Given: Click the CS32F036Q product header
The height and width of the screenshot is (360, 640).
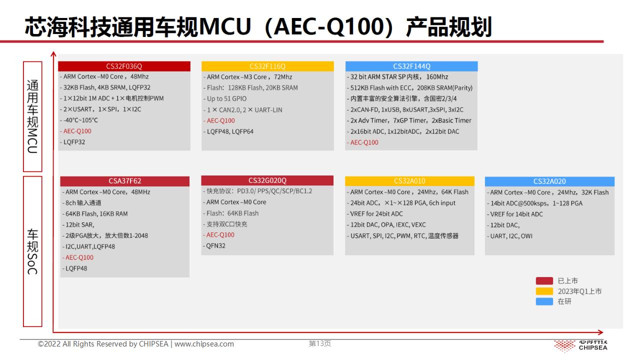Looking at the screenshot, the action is point(124,66).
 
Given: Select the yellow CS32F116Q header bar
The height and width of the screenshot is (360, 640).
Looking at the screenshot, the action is point(267,66).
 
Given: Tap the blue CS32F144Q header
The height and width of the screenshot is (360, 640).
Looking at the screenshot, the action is point(411,66).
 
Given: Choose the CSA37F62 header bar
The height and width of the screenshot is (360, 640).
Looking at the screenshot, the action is point(124,181).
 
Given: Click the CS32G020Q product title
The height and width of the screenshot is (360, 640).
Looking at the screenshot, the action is point(267,180).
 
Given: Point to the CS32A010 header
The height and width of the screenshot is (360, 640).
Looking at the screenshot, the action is point(409,181).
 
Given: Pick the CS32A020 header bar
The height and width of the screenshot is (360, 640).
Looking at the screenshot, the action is point(549,181).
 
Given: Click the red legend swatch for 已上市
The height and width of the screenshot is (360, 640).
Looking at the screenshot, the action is point(544,281).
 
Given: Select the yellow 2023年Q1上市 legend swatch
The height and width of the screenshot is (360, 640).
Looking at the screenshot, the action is point(544,291).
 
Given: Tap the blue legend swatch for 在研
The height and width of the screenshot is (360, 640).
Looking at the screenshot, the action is point(544,301).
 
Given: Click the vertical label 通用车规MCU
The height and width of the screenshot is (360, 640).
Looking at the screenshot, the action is point(32,116).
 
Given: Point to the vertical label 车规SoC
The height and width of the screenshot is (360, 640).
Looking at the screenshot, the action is point(32,251).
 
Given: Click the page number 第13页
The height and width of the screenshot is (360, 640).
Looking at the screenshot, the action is point(319,343).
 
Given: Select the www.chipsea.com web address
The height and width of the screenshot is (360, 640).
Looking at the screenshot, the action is point(204,344).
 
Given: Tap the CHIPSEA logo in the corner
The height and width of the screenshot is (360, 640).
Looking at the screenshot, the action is point(580,346).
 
